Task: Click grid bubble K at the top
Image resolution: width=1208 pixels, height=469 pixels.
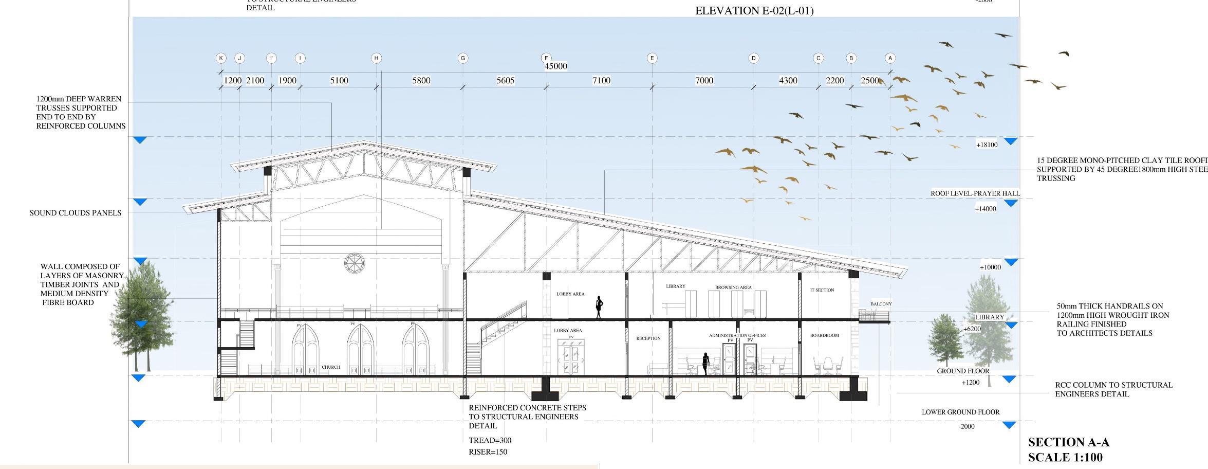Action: point(221,58)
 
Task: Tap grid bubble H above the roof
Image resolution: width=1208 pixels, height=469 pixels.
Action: point(376,58)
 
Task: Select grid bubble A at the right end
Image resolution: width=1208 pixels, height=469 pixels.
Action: point(890,58)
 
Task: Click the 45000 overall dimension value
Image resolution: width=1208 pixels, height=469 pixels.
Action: point(555,66)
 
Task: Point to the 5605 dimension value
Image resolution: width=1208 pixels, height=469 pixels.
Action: point(505,81)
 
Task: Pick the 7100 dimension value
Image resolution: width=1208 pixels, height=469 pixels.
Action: point(601,81)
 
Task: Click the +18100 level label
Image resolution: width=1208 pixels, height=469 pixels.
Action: point(987,145)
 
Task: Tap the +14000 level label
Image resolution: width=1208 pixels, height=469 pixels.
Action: point(986,209)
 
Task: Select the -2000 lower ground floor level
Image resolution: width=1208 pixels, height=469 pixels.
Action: point(967,426)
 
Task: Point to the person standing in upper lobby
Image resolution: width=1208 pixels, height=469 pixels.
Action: point(599,306)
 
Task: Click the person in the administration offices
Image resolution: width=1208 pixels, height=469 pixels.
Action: point(706,364)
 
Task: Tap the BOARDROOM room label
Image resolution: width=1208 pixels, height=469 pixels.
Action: point(824,335)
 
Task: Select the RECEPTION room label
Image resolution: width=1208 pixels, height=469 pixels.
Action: point(648,338)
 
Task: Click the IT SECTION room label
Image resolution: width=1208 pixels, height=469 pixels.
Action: point(822,290)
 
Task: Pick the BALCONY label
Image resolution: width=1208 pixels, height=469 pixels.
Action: point(881,304)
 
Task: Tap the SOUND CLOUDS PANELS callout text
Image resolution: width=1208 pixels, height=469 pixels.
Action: point(76,213)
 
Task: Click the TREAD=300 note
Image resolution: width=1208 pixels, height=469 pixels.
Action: point(490,440)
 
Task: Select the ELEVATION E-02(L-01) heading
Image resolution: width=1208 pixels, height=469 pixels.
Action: point(754,11)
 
